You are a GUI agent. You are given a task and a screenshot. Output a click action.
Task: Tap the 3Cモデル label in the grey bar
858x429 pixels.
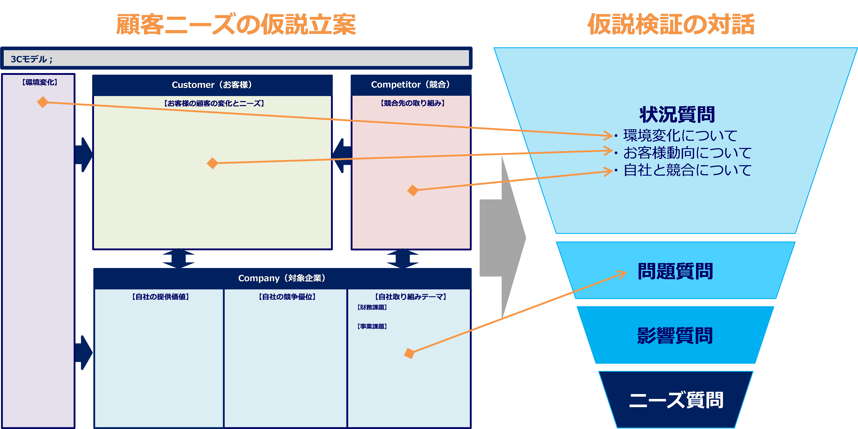(32, 59)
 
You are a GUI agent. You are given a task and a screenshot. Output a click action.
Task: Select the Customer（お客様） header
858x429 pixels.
(212, 85)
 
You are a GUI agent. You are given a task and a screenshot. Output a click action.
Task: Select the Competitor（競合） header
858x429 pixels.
(411, 85)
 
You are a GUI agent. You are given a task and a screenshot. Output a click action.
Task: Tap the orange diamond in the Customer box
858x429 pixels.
(212, 163)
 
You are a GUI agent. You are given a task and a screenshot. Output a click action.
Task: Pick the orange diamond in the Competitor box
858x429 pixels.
(413, 190)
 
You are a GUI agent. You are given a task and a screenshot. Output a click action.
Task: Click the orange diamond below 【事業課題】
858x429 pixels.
(409, 353)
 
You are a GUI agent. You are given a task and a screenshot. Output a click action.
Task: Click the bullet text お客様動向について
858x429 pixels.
(687, 153)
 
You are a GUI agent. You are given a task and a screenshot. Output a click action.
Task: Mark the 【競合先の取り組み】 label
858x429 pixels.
(412, 103)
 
